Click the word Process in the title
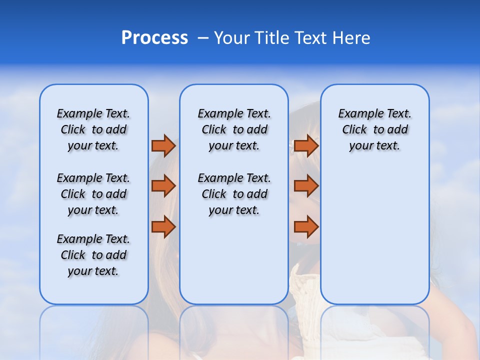(154, 38)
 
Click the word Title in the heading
(270, 38)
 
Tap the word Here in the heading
(351, 38)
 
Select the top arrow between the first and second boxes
(163, 146)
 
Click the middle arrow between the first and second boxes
(163, 186)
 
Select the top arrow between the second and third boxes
(306, 146)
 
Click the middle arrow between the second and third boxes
(306, 186)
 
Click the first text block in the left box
(93, 129)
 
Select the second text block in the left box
(93, 194)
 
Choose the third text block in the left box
(93, 255)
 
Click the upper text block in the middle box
(234, 129)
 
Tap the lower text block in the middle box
(234, 194)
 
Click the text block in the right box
(375, 129)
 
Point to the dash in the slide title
(203, 38)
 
